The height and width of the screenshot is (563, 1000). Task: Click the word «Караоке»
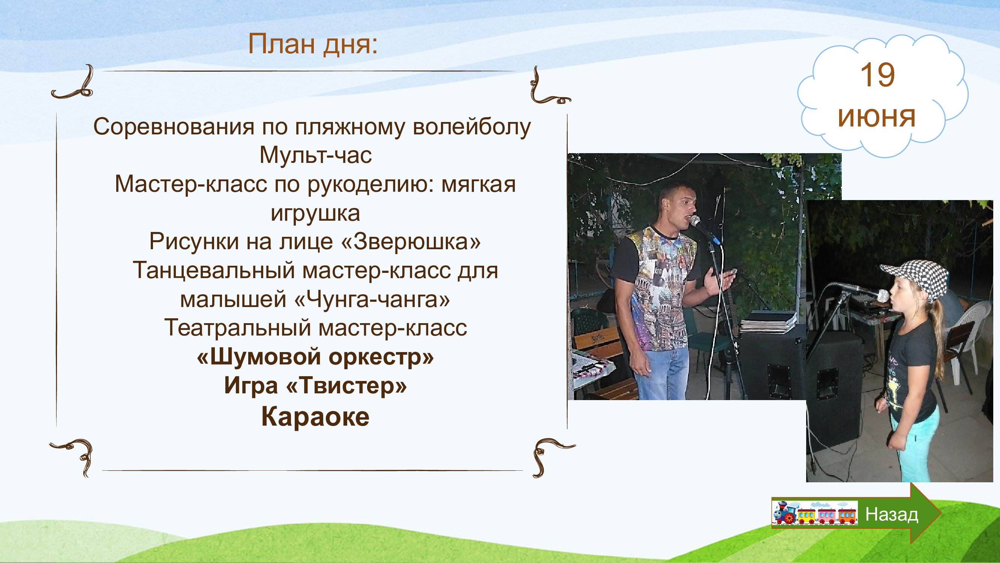pos(315,417)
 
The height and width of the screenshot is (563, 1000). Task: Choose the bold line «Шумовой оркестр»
pos(315,357)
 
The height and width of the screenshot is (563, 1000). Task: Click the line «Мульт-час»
pos(316,155)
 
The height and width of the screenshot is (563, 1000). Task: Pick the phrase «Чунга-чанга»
pos(373,299)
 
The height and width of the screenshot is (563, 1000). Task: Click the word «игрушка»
pos(316,213)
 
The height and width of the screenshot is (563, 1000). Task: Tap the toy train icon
pos(814,513)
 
